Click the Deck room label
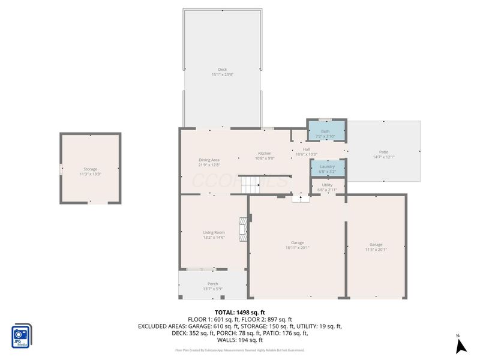(x=222, y=70)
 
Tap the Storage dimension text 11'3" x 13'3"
(x=91, y=174)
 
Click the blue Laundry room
(x=328, y=169)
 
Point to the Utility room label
(x=327, y=185)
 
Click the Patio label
(x=383, y=152)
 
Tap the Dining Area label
(x=209, y=160)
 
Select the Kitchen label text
(x=265, y=153)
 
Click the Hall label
(x=306, y=149)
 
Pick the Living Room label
(x=214, y=232)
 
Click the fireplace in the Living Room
(x=242, y=229)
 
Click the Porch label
(x=213, y=284)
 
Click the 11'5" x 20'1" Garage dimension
(x=376, y=250)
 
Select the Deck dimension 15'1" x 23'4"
(x=222, y=75)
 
